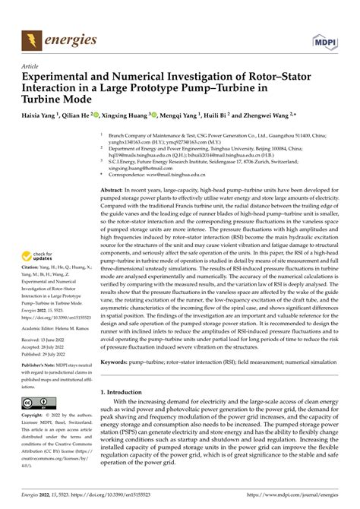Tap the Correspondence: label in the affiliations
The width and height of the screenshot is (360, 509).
pos(130,173)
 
